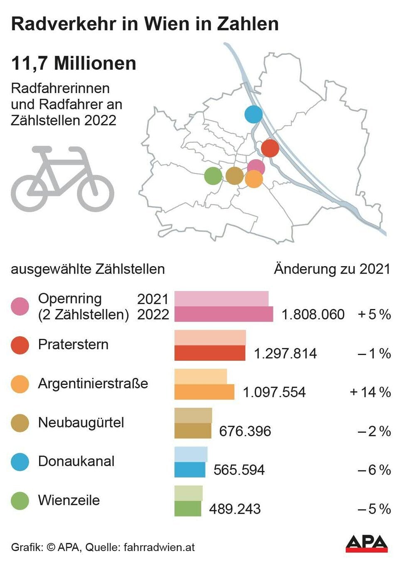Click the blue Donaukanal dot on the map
[253, 114]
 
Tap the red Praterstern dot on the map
[270, 148]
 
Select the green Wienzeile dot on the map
[213, 176]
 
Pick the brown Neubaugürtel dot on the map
[234, 176]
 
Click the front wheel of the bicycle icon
[96, 193]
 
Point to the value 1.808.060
[313, 314]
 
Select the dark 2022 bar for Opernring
[224, 314]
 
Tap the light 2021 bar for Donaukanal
[191, 454]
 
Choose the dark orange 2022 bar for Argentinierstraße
[204, 392]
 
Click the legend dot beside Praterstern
[20, 345]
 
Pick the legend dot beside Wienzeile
[20, 501]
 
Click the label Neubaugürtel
[81, 422]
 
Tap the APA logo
[367, 544]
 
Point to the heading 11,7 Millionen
[74, 64]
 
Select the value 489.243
[235, 509]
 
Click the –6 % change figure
[374, 470]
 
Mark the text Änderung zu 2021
[332, 269]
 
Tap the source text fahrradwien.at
[159, 547]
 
